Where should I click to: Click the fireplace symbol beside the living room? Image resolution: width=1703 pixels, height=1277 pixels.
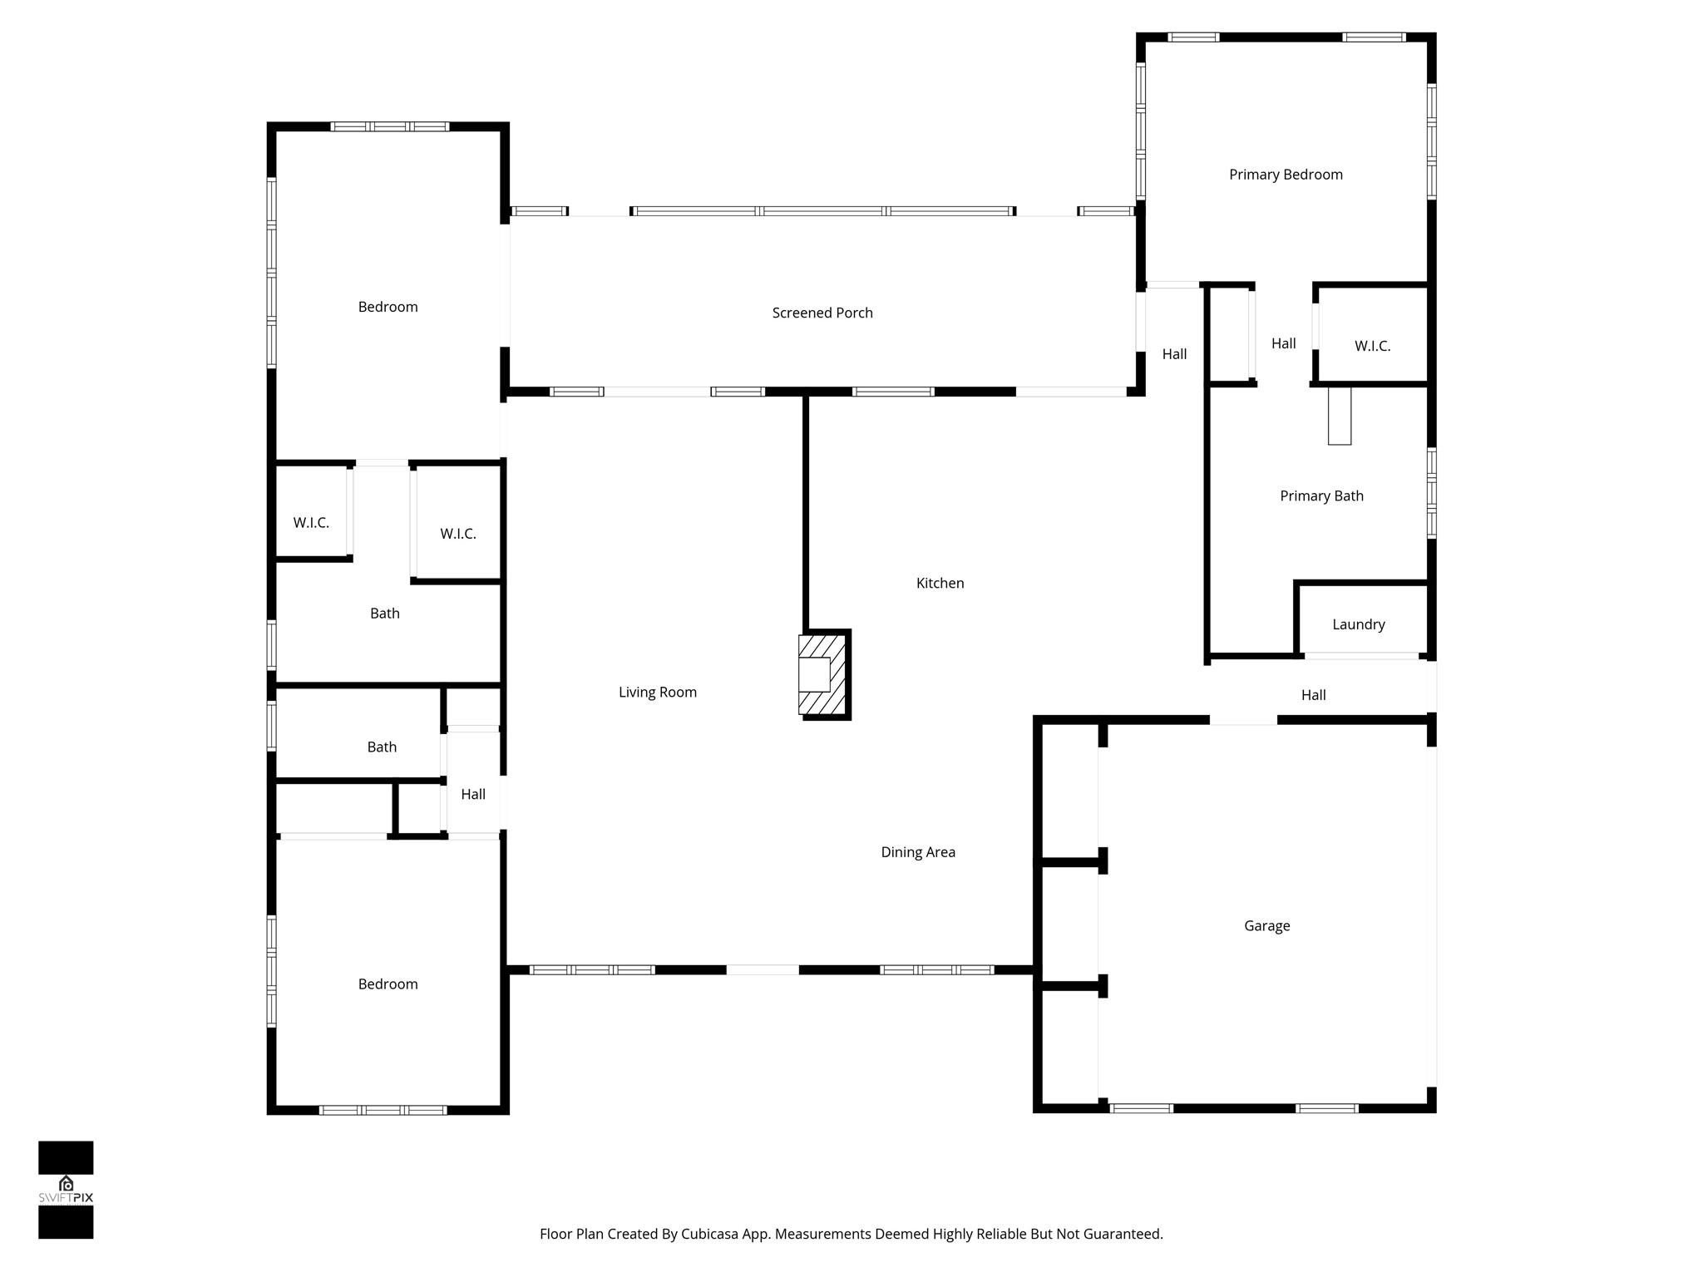823,674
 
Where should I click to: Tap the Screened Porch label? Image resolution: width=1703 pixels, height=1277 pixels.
822,313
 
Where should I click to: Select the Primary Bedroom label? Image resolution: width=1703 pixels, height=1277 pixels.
1286,175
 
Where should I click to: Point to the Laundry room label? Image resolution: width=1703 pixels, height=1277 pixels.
1358,624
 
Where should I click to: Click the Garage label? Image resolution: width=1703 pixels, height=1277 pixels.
1266,925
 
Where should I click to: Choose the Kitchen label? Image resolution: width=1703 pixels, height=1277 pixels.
940,584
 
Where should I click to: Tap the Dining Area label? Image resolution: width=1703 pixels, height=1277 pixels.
917,852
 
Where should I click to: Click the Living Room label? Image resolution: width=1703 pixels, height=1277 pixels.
657,692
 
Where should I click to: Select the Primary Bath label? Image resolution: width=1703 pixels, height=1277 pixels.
1321,496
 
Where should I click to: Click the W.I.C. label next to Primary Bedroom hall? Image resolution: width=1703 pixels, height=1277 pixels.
1372,346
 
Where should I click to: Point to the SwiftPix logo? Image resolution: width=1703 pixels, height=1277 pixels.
66,1190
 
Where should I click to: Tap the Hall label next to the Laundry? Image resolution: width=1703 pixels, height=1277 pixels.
1313,695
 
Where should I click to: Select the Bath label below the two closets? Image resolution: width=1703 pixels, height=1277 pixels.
384,614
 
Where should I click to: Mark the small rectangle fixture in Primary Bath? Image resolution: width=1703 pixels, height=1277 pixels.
1339,416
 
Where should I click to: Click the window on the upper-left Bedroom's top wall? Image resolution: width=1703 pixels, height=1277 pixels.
389,127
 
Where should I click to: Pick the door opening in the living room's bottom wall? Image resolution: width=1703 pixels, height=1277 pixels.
763,969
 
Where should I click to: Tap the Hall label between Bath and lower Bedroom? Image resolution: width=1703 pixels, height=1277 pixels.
472,794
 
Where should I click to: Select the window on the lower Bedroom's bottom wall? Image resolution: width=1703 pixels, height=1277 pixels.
383,1110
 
